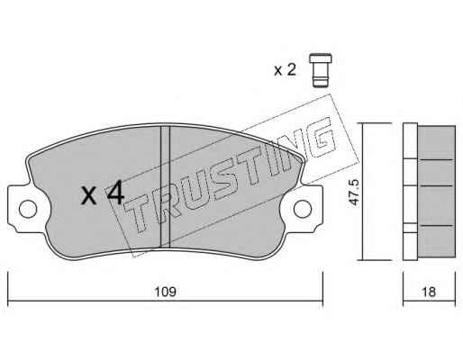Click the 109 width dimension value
coord(165,292)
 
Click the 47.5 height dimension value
coord(354,193)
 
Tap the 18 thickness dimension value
coord(429,292)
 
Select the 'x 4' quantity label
coord(103,193)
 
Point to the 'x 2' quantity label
coord(285,70)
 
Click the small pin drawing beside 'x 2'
coord(321,70)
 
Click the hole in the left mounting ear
coord(28,209)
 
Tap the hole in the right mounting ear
coord(303,209)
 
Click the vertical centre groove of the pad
coord(165,186)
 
